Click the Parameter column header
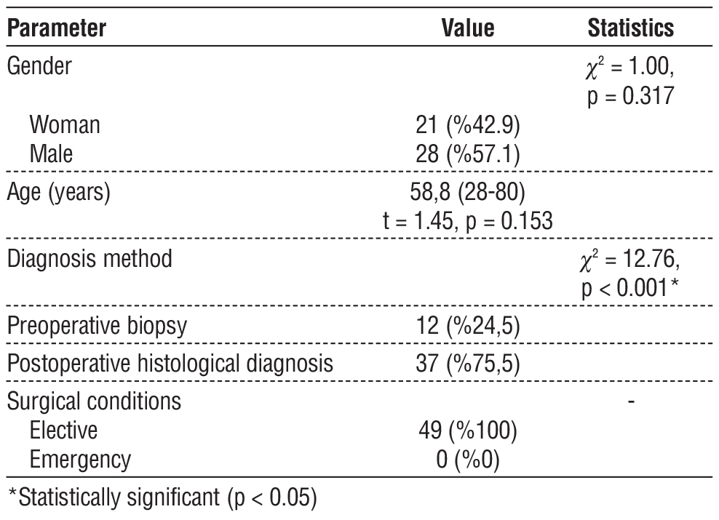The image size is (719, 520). (57, 28)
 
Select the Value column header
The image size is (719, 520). (468, 28)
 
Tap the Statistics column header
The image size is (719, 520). (630, 28)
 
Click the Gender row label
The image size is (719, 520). (40, 66)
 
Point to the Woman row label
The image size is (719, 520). (65, 126)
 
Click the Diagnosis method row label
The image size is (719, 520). (90, 260)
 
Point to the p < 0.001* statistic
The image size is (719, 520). (630, 289)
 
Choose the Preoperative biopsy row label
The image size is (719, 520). (97, 327)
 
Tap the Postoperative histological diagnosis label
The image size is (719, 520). (171, 364)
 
